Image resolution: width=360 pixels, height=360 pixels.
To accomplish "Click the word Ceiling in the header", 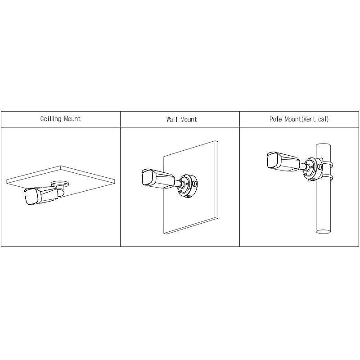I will point(50,119).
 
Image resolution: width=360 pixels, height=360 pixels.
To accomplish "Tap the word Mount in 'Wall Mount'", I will point(189,120).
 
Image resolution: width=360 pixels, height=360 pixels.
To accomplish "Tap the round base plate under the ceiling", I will point(60,183).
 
